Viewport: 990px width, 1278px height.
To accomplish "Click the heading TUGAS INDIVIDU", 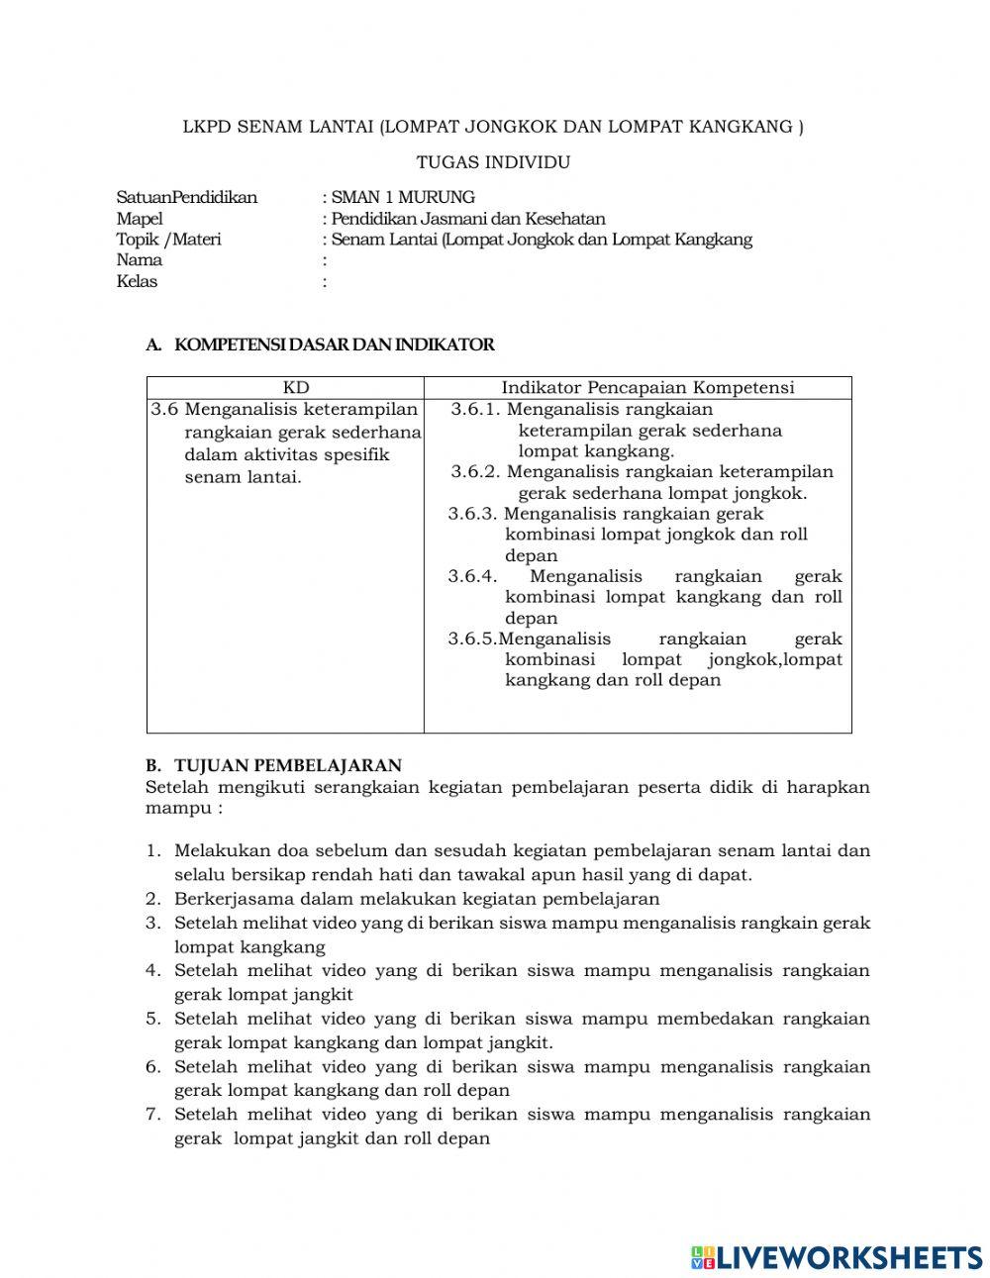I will point(493,162).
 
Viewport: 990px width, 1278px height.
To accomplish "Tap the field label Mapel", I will point(140,219).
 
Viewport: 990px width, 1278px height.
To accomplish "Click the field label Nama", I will point(140,260).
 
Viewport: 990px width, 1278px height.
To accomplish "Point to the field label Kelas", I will point(137,281).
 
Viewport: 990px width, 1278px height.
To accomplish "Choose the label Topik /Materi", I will point(168,240).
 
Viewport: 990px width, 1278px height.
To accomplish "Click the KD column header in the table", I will point(295,388).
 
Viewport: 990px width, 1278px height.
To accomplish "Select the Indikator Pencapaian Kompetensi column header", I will point(647,388).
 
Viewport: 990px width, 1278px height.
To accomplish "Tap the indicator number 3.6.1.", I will point(475,410).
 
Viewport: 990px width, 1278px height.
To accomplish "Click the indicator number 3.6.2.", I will point(475,472).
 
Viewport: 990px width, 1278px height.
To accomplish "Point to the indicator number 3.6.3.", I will point(472,514).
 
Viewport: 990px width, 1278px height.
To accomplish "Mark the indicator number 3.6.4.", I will point(472,576).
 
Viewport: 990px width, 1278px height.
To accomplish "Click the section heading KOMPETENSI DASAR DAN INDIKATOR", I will point(334,345).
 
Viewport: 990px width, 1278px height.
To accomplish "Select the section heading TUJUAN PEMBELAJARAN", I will point(287,765).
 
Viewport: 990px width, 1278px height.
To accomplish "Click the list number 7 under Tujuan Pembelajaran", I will point(152,1115).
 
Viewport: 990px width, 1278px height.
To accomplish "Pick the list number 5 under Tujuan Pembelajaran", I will point(152,1019).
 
